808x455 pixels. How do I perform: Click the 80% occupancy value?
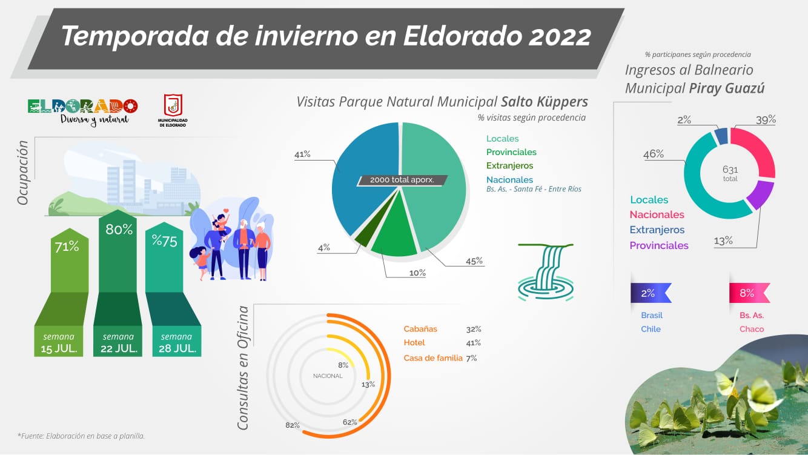click(119, 230)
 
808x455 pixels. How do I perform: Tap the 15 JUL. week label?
click(59, 349)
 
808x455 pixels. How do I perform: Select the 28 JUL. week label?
click(177, 349)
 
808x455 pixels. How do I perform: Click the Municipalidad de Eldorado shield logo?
click(173, 105)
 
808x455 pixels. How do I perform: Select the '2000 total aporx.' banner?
click(402, 180)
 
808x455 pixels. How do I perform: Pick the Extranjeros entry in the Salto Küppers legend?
click(509, 165)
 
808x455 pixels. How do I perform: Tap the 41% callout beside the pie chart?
click(302, 154)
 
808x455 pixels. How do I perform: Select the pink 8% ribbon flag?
click(749, 293)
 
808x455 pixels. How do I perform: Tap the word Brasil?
click(652, 316)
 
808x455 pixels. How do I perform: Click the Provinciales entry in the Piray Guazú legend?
click(659, 246)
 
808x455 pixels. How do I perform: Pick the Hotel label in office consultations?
click(414, 343)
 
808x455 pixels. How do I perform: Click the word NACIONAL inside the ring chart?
click(328, 376)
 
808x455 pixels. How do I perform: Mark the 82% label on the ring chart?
click(293, 425)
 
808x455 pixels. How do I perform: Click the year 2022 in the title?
click(560, 36)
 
